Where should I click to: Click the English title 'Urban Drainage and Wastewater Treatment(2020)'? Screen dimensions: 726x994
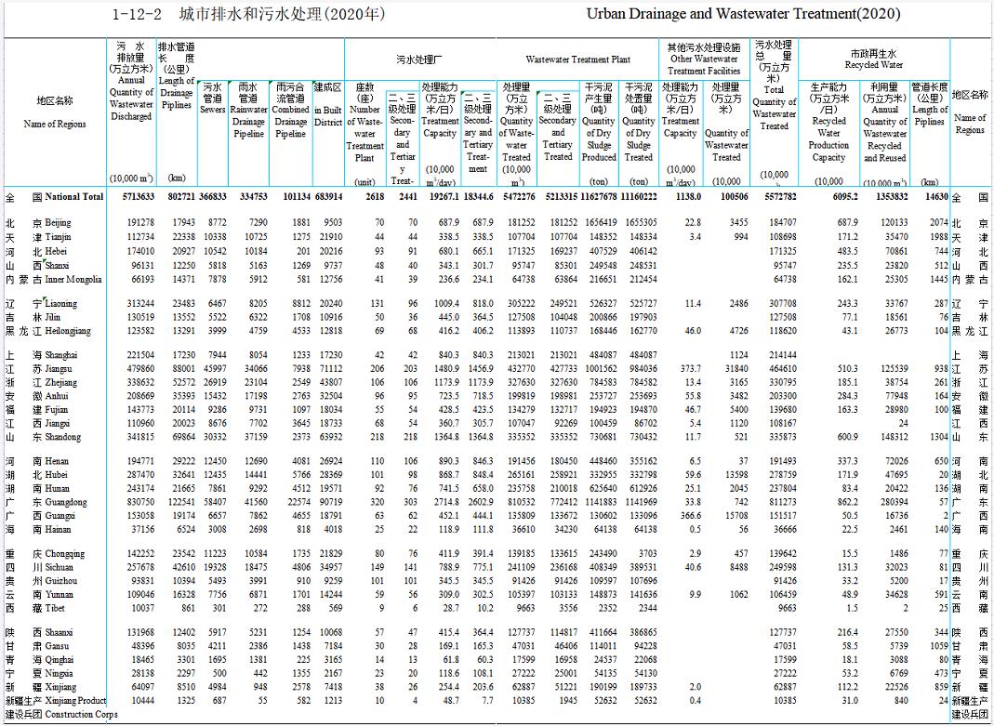(744, 15)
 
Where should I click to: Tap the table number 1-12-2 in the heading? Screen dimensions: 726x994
(137, 15)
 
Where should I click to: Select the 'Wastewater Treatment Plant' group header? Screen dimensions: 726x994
(577, 59)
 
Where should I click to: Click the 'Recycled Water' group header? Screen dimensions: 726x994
(873, 60)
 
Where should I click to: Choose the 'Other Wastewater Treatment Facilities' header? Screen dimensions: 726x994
(704, 59)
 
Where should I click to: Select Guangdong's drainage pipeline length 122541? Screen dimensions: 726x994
(178, 502)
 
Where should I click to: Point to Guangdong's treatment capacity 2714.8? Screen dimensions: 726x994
(442, 502)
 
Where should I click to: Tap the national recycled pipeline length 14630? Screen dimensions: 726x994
(934, 197)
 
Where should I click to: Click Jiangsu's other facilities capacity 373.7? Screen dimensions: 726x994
(688, 369)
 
